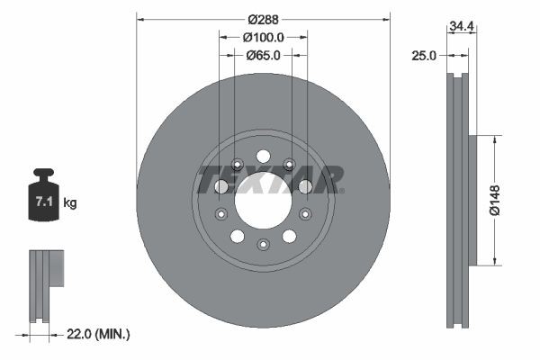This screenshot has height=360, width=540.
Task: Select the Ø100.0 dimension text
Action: click(263, 37)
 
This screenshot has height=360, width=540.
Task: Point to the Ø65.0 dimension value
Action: click(263, 55)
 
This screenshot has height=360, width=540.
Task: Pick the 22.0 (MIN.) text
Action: click(100, 334)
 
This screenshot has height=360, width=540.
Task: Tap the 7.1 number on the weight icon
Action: click(43, 202)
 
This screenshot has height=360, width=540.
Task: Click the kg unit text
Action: click(70, 203)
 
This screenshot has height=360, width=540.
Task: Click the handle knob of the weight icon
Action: click(42, 173)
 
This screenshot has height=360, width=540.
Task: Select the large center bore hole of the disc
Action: click(263, 199)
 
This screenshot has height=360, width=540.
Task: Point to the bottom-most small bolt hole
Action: click(263, 245)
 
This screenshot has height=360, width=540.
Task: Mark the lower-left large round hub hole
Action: click(238, 236)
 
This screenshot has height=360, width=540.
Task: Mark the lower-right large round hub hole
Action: click(289, 236)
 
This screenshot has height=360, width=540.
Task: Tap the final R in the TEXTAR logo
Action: click(328, 179)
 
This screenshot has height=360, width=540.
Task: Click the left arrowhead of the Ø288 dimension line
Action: click(139, 18)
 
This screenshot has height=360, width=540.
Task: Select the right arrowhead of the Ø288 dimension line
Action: click(387, 18)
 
